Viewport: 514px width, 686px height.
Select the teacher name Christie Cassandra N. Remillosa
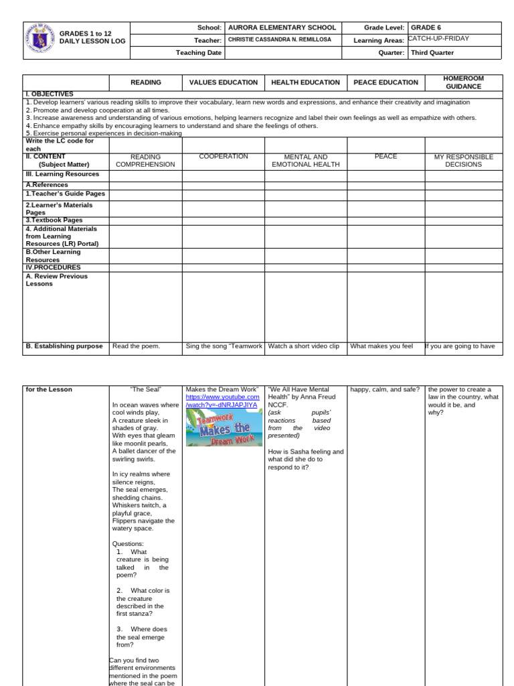point(279,40)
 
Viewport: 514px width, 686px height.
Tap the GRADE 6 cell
point(426,28)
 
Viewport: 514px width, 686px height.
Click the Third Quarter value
point(432,52)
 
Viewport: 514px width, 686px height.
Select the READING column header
point(145,82)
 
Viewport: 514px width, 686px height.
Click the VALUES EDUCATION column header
point(223,82)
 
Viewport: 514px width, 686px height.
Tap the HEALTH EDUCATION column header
point(305,82)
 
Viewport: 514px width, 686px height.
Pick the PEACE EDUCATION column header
point(385,82)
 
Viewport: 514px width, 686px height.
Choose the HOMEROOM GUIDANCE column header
point(463,82)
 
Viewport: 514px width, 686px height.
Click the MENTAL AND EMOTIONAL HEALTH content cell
point(305,161)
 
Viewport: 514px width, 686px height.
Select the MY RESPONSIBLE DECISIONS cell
point(463,161)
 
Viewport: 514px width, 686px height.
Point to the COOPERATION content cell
point(223,157)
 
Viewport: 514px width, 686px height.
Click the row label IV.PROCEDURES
point(53,267)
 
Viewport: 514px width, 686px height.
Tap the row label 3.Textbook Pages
point(54,220)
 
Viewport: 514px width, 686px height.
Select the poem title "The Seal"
point(145,389)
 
